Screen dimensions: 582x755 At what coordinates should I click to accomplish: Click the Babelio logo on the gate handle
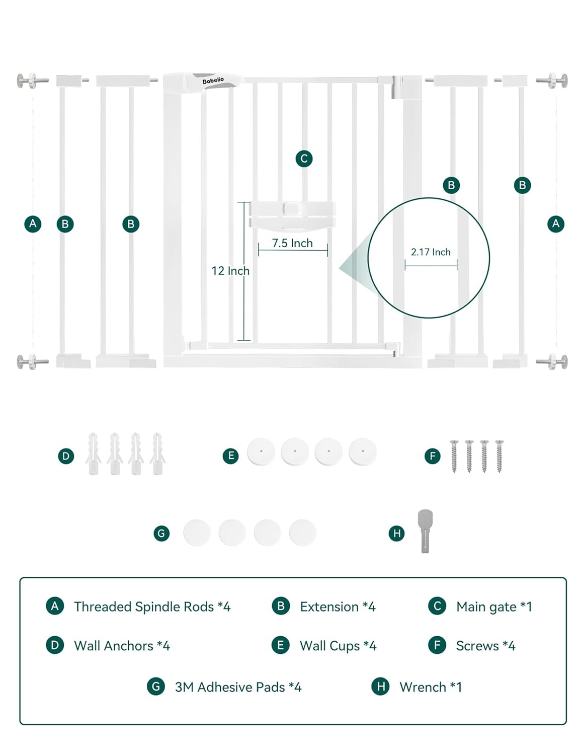pyautogui.click(x=213, y=81)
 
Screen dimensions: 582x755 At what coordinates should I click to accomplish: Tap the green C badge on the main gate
pyautogui.click(x=304, y=159)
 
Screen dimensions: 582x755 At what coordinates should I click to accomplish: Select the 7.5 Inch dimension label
pyautogui.click(x=292, y=243)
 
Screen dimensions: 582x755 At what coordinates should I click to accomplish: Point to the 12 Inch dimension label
pyautogui.click(x=230, y=271)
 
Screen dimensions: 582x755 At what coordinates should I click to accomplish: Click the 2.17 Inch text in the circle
pyautogui.click(x=431, y=252)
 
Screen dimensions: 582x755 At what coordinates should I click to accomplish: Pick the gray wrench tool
pyautogui.click(x=425, y=531)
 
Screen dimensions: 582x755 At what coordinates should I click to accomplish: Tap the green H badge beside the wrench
pyautogui.click(x=397, y=534)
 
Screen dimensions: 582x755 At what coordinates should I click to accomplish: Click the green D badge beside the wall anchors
pyautogui.click(x=66, y=456)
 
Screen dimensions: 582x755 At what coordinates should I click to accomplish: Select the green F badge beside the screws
pyautogui.click(x=433, y=456)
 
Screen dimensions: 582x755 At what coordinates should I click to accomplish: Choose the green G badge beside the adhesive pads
pyautogui.click(x=161, y=534)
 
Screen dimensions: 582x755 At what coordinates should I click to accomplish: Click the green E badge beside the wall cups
pyautogui.click(x=230, y=456)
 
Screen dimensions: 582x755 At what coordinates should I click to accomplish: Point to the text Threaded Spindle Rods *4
pyautogui.click(x=152, y=607)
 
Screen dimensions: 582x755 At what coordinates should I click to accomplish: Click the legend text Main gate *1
pyautogui.click(x=494, y=607)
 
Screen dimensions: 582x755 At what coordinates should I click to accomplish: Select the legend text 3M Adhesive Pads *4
pyautogui.click(x=238, y=687)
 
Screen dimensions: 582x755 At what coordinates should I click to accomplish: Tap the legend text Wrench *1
pyautogui.click(x=431, y=687)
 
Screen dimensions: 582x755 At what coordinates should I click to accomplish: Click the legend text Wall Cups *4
pyautogui.click(x=338, y=646)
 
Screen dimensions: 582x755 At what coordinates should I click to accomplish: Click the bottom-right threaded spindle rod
pyautogui.click(x=551, y=362)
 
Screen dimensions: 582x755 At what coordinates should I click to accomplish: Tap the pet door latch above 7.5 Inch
pyautogui.click(x=292, y=215)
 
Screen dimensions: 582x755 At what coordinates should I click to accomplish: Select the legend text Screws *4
pyautogui.click(x=486, y=646)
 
